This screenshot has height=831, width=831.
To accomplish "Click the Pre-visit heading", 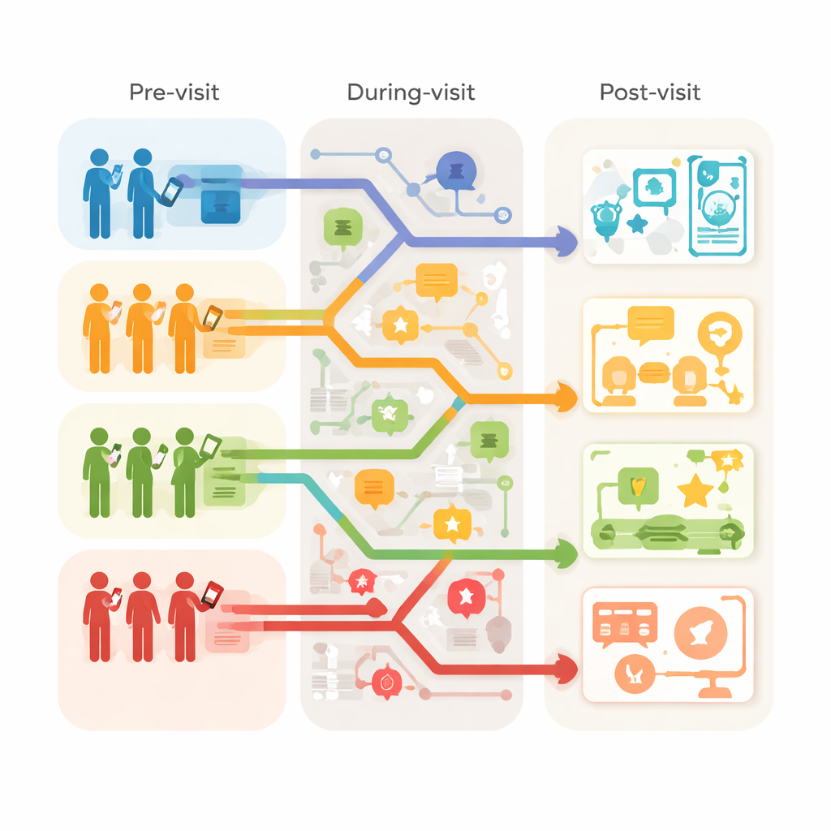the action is click(174, 93).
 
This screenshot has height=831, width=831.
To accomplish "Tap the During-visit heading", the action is click(411, 93).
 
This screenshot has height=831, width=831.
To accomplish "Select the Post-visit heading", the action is click(650, 93).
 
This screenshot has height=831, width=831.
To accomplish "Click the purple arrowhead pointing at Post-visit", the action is click(566, 242).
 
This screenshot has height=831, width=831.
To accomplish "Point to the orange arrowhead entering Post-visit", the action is click(566, 398).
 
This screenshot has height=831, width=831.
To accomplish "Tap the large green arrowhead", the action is click(566, 553).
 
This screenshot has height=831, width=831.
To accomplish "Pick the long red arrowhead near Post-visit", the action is click(566, 670).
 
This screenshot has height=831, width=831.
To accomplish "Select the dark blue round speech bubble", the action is click(456, 171).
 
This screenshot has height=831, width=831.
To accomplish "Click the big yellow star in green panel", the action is click(695, 491).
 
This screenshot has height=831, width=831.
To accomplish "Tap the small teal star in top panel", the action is click(637, 224).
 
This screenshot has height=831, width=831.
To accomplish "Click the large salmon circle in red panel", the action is click(700, 633).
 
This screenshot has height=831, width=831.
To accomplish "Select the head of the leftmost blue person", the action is click(100, 157).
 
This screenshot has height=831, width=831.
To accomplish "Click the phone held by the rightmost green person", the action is click(210, 446).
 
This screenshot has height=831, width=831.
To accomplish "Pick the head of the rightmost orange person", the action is click(184, 292).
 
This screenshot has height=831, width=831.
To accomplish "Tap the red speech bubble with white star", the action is click(467, 598).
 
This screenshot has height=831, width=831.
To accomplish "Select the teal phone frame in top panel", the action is click(717, 205).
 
